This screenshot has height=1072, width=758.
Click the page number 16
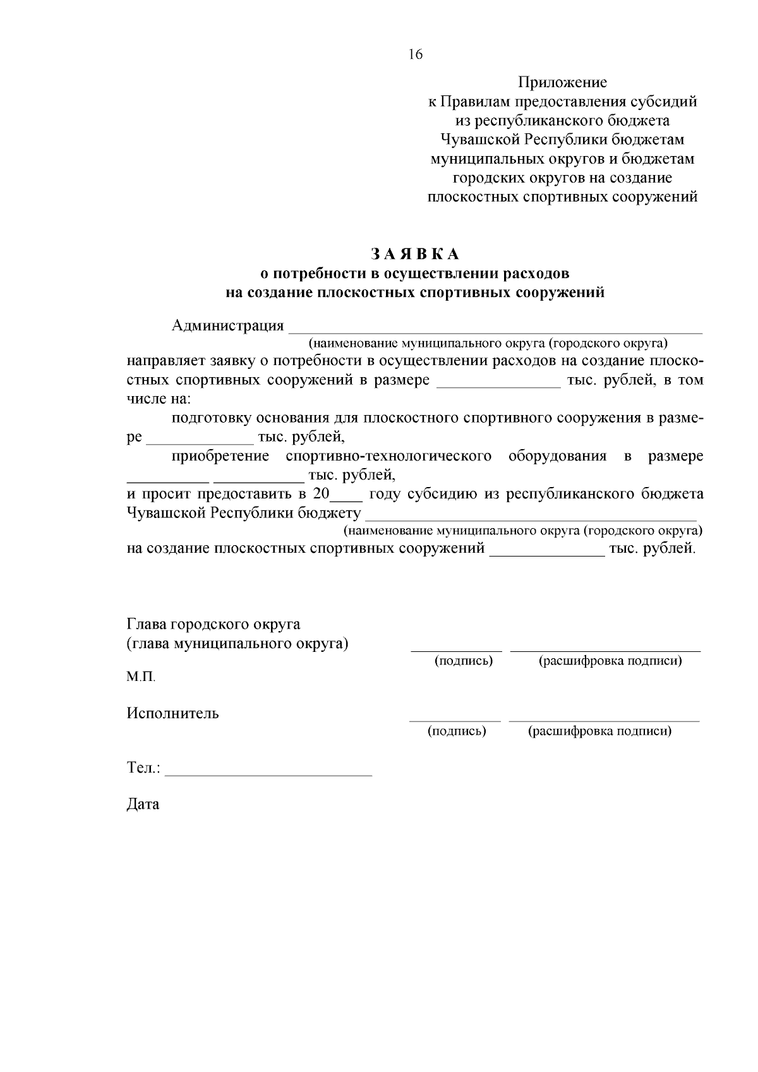tap(415, 54)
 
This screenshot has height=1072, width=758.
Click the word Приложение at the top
tap(562, 82)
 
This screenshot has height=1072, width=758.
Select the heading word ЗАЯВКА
tap(415, 254)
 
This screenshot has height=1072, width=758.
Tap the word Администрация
tap(227, 326)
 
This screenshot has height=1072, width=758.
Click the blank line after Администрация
tap(495, 328)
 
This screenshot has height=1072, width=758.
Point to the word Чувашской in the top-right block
tap(478, 140)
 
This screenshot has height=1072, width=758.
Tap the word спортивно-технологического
tap(388, 456)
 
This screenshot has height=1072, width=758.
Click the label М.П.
tap(141, 677)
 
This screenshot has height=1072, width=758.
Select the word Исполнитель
tap(172, 714)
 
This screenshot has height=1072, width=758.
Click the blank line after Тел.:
tap(272, 772)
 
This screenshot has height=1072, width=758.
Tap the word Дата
tap(143, 805)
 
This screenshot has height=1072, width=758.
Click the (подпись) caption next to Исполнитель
tap(456, 732)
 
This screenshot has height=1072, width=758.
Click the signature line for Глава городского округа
tap(456, 649)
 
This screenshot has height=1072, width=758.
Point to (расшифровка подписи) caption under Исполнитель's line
tap(600, 732)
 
